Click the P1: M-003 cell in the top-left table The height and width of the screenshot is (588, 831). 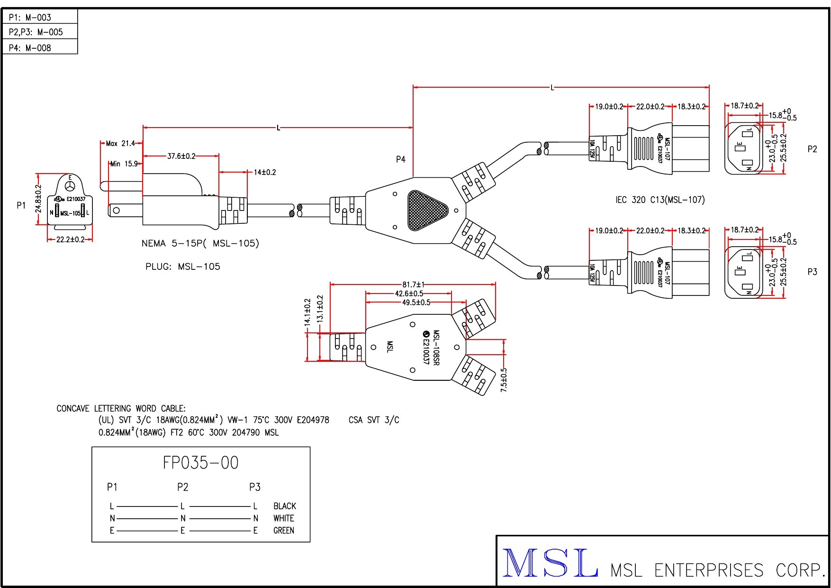pyautogui.click(x=30, y=18)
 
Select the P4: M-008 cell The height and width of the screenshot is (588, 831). pyautogui.click(x=30, y=48)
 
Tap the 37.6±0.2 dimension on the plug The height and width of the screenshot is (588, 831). pyautogui.click(x=181, y=156)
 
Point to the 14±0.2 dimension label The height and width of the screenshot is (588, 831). pyautogui.click(x=264, y=172)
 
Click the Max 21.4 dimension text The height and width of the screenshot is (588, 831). pyautogui.click(x=120, y=143)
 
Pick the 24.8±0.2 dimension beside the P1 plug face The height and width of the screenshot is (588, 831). pyautogui.click(x=39, y=199)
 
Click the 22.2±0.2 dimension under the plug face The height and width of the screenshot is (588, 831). pyautogui.click(x=70, y=239)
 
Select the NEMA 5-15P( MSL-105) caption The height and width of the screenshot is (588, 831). pyautogui.click(x=200, y=243)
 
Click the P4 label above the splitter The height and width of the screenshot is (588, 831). pyautogui.click(x=401, y=159)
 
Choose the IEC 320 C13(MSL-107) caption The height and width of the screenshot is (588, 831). pyautogui.click(x=660, y=200)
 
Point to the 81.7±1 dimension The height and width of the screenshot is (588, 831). pyautogui.click(x=413, y=285)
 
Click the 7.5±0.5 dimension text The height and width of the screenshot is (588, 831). pyautogui.click(x=504, y=380)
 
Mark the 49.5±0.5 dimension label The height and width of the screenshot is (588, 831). pyautogui.click(x=416, y=303)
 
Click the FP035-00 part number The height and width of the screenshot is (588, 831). pyautogui.click(x=200, y=463)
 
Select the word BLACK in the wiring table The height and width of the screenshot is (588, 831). pyautogui.click(x=284, y=506)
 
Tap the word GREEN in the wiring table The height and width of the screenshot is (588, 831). pyautogui.click(x=283, y=531)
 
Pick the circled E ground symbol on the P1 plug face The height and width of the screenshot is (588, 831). pyautogui.click(x=70, y=186)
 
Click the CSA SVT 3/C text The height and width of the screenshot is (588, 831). pyautogui.click(x=374, y=420)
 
